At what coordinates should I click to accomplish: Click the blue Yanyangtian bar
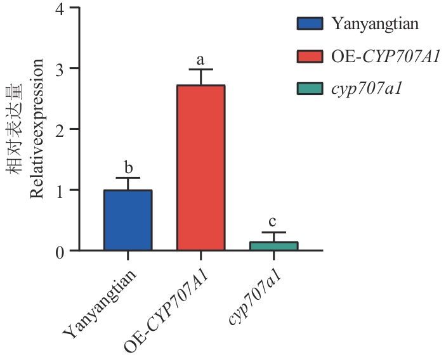[x=128, y=220]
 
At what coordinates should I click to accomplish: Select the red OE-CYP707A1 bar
[x=200, y=168]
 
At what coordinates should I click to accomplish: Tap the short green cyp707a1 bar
[x=273, y=246]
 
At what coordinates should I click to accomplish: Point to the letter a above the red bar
[x=200, y=60]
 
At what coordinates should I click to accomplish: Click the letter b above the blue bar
[x=128, y=168]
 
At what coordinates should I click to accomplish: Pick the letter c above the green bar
[x=273, y=222]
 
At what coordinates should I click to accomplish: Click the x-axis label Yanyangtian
[x=102, y=299]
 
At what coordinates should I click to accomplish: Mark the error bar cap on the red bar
[x=200, y=69]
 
